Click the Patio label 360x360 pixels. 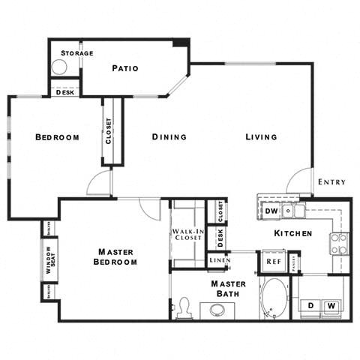click(x=125, y=69)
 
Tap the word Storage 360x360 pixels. click(x=77, y=53)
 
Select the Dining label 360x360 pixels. click(x=169, y=137)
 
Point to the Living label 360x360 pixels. click(x=261, y=137)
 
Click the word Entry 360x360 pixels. click(x=331, y=182)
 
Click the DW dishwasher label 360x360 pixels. click(x=272, y=212)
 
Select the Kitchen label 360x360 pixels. click(x=292, y=234)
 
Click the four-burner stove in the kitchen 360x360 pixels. click(x=340, y=241)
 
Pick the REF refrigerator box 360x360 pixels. click(x=273, y=262)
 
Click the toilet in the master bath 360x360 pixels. click(x=184, y=307)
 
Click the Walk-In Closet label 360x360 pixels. click(x=188, y=237)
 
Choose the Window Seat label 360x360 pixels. click(x=49, y=260)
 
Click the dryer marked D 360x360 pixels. click(x=310, y=304)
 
